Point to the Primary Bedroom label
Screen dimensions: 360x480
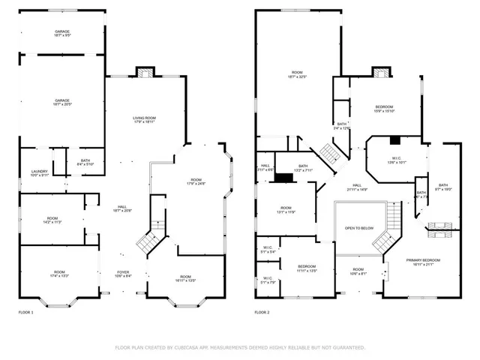(x=423, y=262)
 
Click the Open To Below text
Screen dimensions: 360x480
(x=359, y=228)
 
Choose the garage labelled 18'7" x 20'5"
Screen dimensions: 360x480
(x=61, y=103)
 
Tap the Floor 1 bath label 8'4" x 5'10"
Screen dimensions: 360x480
(x=85, y=162)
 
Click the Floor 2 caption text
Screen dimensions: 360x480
(x=262, y=311)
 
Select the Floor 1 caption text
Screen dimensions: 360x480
(x=25, y=311)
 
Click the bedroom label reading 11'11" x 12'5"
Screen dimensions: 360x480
(x=307, y=268)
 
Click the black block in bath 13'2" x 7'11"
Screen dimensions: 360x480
(x=285, y=178)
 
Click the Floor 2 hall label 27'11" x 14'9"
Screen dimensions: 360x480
(x=357, y=187)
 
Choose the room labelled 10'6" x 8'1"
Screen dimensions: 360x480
(x=358, y=271)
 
